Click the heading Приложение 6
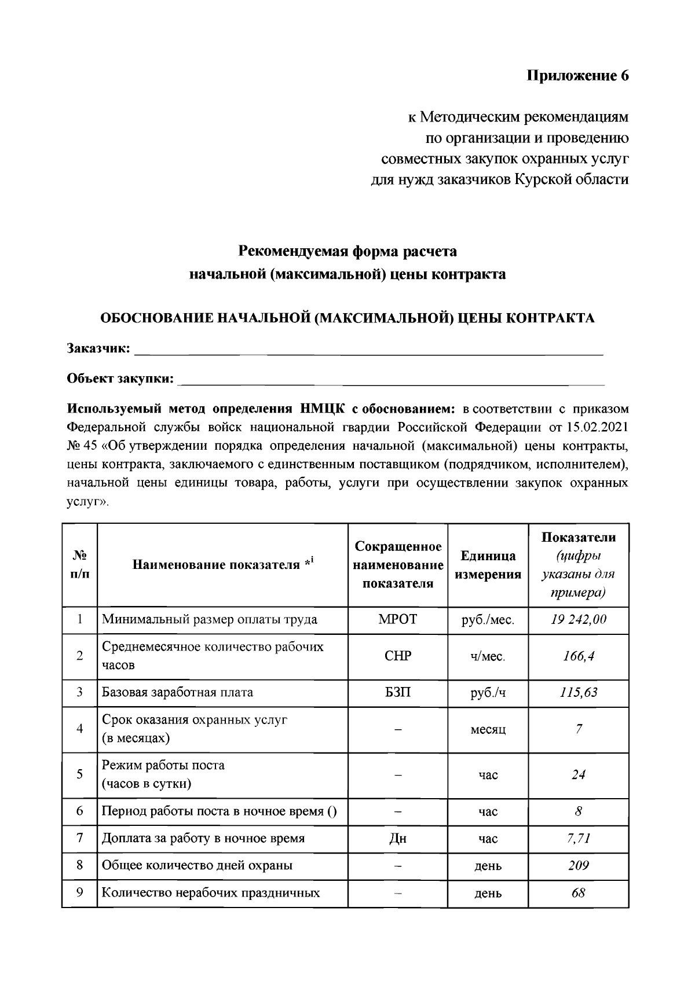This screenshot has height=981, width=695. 577,76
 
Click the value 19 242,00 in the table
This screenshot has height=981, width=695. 578,619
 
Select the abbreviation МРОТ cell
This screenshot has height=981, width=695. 397,619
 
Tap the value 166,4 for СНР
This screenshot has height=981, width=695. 578,656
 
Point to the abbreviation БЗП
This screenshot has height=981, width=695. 397,692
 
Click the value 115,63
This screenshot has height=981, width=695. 578,692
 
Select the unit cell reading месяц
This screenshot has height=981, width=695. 488,729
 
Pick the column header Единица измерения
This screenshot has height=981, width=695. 488,565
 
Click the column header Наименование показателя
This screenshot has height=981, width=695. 219,565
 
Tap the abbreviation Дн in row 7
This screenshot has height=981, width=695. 397,839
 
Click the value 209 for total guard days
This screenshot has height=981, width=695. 578,866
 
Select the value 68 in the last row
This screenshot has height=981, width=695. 578,892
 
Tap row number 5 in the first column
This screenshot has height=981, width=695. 80,774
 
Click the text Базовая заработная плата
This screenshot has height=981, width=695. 177,692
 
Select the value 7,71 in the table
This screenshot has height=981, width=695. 578,839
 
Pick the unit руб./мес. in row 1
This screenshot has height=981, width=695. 488,620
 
